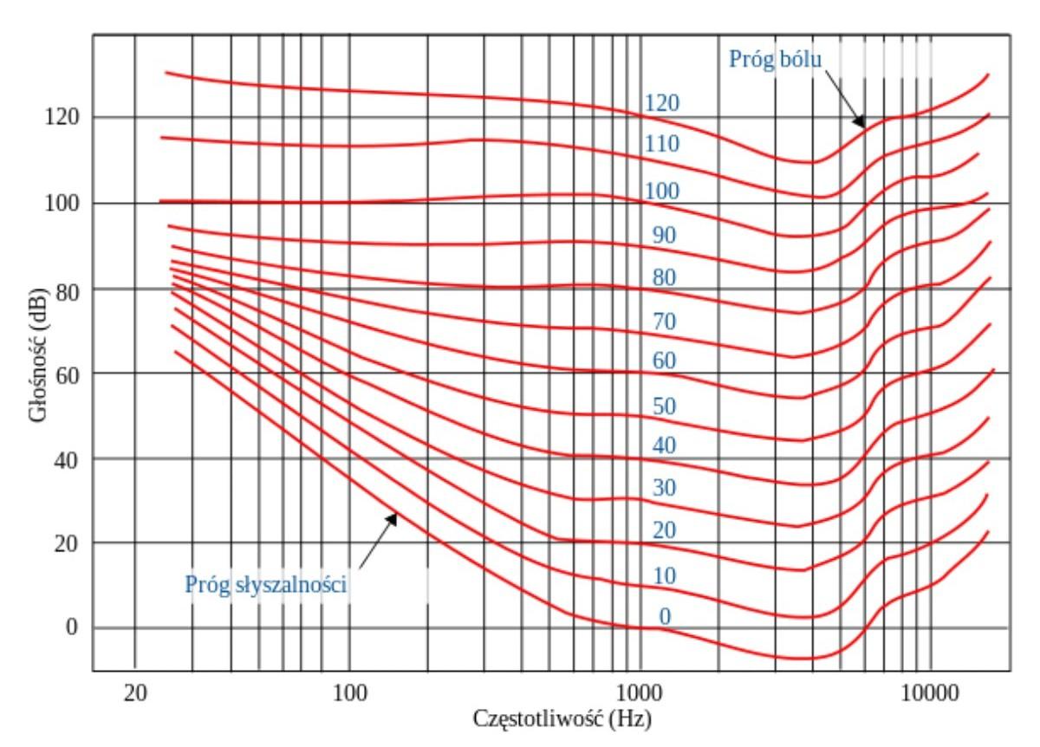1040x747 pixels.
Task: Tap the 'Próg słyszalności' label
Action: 266,585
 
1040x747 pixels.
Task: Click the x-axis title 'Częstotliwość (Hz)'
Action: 562,718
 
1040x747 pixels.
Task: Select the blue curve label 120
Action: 661,104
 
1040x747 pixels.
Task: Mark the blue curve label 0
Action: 665,617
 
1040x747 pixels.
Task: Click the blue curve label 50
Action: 664,406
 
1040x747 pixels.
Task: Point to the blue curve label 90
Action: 664,235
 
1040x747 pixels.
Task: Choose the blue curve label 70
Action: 664,322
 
